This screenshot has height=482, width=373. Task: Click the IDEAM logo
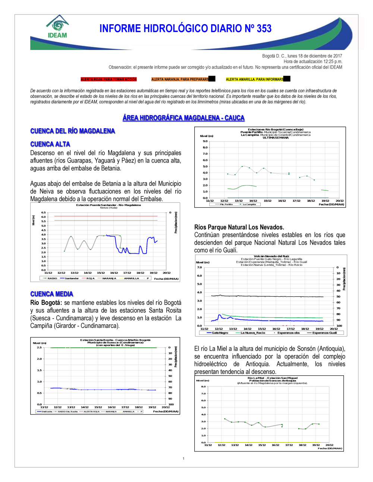click(x=57, y=27)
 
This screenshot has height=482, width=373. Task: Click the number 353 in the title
click(x=264, y=29)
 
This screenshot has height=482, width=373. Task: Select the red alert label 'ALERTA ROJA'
click(x=109, y=79)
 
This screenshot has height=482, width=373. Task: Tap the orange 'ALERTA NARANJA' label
click(x=180, y=79)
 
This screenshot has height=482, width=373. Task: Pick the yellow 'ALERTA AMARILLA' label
click(x=255, y=79)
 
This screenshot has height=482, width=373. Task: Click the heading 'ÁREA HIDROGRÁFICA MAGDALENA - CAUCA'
click(x=184, y=118)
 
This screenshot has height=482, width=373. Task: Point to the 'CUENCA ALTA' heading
click(x=50, y=144)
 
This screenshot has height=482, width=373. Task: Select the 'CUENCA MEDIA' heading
click(x=51, y=294)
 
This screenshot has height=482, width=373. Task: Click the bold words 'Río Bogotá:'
click(x=46, y=303)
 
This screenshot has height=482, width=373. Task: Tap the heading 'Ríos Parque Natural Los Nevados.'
click(x=239, y=227)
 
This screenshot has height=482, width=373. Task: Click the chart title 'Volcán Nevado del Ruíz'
click(x=271, y=256)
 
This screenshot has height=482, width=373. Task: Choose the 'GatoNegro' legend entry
click(x=220, y=333)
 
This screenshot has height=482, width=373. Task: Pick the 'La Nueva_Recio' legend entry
click(x=253, y=333)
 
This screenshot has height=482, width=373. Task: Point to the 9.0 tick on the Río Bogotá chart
click(x=205, y=141)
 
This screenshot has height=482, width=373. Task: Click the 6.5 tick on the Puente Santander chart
click(x=44, y=212)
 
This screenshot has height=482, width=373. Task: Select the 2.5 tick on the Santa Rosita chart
click(x=39, y=347)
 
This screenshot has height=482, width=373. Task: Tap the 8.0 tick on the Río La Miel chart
click(x=203, y=387)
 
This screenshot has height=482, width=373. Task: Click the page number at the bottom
click(x=184, y=459)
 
